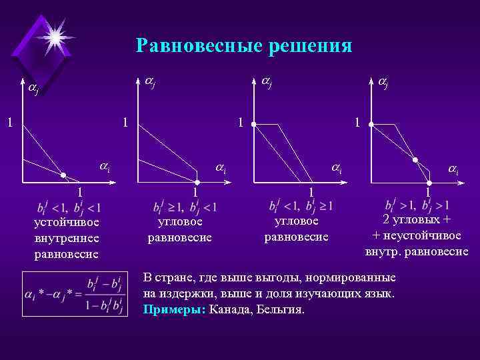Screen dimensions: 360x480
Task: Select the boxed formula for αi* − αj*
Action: click(x=73, y=294)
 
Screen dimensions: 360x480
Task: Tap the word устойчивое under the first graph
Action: click(x=67, y=222)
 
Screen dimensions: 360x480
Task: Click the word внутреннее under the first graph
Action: click(x=67, y=238)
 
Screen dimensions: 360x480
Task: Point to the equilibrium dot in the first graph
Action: click(x=63, y=175)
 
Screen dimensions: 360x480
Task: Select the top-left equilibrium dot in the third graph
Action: click(x=253, y=124)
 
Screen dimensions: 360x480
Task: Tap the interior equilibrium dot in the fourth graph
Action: click(x=415, y=160)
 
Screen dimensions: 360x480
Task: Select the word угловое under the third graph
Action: click(x=297, y=221)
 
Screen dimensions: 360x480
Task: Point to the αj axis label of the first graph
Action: click(x=33, y=89)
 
